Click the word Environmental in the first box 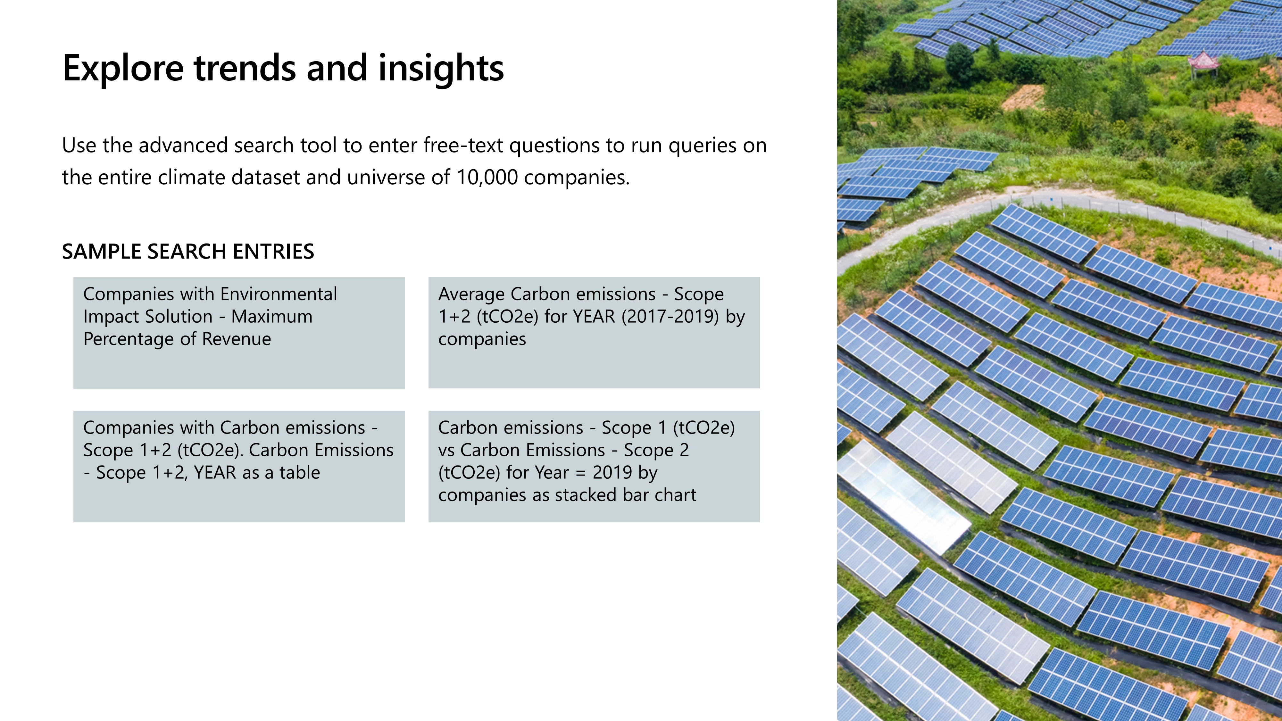279,294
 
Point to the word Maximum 272,317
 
